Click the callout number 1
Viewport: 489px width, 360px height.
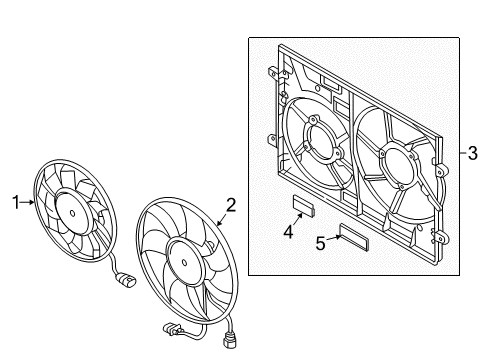(x=16, y=202)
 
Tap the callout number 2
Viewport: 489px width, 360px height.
(x=231, y=205)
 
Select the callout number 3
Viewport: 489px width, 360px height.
(x=472, y=153)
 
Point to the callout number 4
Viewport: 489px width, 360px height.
(x=288, y=231)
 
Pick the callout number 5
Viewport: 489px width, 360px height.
(x=320, y=243)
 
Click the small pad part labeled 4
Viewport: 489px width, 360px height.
(x=304, y=205)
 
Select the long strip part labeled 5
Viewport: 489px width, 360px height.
(x=354, y=237)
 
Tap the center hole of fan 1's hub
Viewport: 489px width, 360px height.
(x=72, y=213)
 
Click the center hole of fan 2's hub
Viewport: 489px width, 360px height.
(x=184, y=262)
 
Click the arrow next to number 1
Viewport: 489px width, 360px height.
(x=27, y=202)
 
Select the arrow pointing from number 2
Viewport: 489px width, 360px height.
(x=222, y=219)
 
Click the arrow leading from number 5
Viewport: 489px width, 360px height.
(x=333, y=238)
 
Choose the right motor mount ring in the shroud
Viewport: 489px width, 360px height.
(x=398, y=164)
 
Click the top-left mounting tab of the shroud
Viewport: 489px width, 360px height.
(x=273, y=73)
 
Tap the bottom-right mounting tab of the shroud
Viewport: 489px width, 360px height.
(x=441, y=238)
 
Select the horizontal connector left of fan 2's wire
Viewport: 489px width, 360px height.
(x=172, y=328)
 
